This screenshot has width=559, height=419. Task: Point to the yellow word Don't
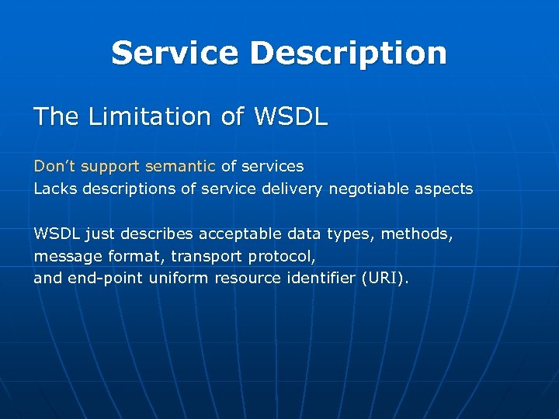[54, 166]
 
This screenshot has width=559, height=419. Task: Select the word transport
[205, 256]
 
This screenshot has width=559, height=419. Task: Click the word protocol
[282, 256]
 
